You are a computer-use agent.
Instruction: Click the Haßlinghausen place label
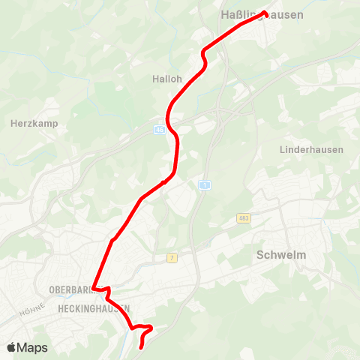pyautogui.click(x=262, y=14)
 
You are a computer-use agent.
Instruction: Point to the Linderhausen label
pyautogui.click(x=311, y=150)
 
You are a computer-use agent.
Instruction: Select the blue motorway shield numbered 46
pyautogui.click(x=159, y=129)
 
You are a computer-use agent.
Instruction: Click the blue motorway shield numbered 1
pyautogui.click(x=203, y=184)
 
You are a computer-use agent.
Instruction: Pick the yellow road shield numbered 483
pyautogui.click(x=243, y=217)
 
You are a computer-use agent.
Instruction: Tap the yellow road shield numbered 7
pyautogui.click(x=172, y=257)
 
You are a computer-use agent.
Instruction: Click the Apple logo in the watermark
pyautogui.click(x=10, y=347)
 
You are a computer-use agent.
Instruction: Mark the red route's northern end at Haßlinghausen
pyautogui.click(x=265, y=12)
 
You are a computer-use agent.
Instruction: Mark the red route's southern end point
pyautogui.click(x=142, y=347)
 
